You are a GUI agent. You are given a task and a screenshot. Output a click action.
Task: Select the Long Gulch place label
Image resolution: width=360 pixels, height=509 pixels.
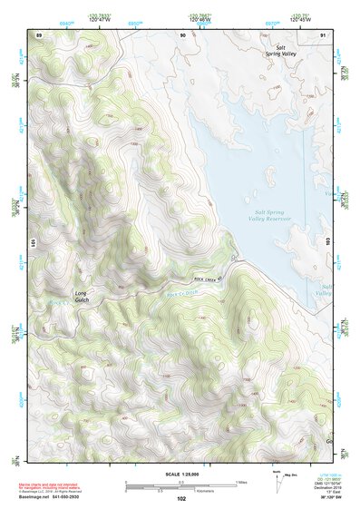83,296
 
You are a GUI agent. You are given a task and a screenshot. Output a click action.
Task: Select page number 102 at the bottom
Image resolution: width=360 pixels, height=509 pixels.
181,499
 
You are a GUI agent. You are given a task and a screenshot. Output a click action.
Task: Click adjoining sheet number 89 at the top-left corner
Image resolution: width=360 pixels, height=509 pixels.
39,34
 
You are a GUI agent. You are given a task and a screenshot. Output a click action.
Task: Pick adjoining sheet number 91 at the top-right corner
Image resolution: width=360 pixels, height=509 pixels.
323,34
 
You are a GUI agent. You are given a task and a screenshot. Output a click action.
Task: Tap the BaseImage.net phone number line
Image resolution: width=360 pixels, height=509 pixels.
56,498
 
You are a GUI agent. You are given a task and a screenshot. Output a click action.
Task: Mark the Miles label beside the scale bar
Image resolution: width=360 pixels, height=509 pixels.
240,481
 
